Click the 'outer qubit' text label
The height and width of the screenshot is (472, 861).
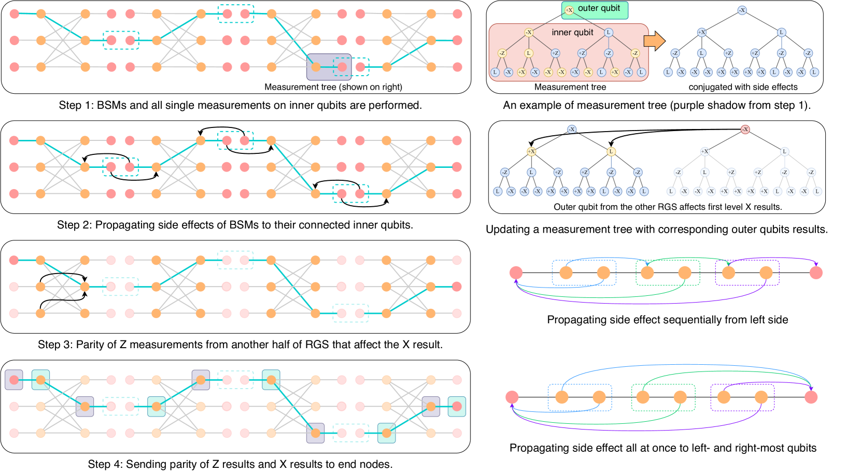(x=599, y=8)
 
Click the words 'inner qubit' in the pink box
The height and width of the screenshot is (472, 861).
(x=572, y=32)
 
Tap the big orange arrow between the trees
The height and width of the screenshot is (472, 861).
(x=654, y=41)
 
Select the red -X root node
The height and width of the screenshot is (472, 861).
(x=745, y=129)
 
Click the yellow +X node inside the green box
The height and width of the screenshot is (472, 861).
(x=569, y=10)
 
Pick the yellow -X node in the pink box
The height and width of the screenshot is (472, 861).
(x=528, y=32)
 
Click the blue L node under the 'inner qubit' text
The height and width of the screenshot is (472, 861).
(x=609, y=32)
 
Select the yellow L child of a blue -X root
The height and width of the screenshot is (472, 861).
(x=611, y=151)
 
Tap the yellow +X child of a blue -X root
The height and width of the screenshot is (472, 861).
(x=531, y=151)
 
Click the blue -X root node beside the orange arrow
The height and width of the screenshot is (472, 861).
(x=742, y=10)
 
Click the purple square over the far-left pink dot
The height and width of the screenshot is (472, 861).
(x=14, y=380)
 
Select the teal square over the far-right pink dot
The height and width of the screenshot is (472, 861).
(x=457, y=407)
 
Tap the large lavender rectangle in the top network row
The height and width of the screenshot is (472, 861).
(x=329, y=67)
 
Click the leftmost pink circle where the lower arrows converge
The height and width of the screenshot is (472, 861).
(x=512, y=397)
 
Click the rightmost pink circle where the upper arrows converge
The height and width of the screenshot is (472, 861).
(x=811, y=397)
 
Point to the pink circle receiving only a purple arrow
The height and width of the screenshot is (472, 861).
(x=815, y=273)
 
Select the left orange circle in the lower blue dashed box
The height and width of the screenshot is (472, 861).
(x=562, y=397)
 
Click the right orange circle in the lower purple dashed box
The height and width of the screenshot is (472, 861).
(x=761, y=397)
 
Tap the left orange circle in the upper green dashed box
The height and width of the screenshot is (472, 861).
(x=647, y=273)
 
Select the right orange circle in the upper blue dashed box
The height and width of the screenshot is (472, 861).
(x=603, y=273)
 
